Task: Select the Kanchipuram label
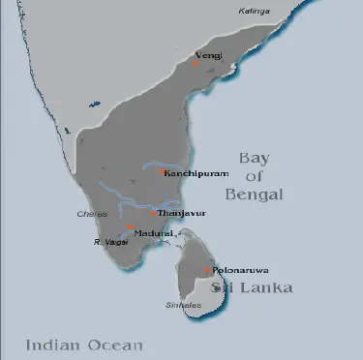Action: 197,173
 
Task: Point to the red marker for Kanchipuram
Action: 161,172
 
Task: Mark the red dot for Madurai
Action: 131,226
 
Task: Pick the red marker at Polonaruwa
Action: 206,270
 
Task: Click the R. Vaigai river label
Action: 108,242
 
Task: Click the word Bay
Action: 259,158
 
